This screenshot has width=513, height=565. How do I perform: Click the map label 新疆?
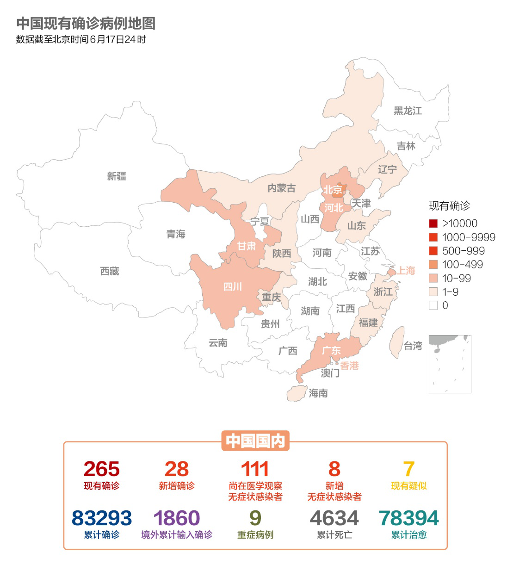coord(117,176)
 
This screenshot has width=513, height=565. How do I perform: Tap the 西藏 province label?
coord(110,271)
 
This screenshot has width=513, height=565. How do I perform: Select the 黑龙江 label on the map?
coord(408,111)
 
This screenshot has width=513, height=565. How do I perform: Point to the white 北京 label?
coord(333,190)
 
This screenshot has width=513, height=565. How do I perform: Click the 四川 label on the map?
coord(233,287)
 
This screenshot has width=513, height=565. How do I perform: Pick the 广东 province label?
coord(331,351)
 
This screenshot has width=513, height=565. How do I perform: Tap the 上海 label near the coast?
coord(406,271)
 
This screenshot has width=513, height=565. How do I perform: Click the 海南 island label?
coord(318,393)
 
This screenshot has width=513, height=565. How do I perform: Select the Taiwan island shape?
coord(396,342)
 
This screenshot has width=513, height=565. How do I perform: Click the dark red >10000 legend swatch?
coord(433,224)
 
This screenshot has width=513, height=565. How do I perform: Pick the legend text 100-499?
coord(462,265)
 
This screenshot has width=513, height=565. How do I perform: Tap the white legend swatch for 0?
coord(433,305)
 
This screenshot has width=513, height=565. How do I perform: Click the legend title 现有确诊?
coord(449,206)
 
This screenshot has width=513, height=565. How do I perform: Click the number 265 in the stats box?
coord(101,469)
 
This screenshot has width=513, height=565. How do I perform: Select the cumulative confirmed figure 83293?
coord(101,518)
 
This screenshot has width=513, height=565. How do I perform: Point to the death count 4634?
coord(334,518)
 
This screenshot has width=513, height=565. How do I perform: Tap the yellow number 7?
coord(408,469)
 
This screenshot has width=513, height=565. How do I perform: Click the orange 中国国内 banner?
coord(255,441)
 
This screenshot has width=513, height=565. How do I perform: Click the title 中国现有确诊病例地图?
coord(86,24)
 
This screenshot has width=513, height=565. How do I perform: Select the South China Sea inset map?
coord(450,364)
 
